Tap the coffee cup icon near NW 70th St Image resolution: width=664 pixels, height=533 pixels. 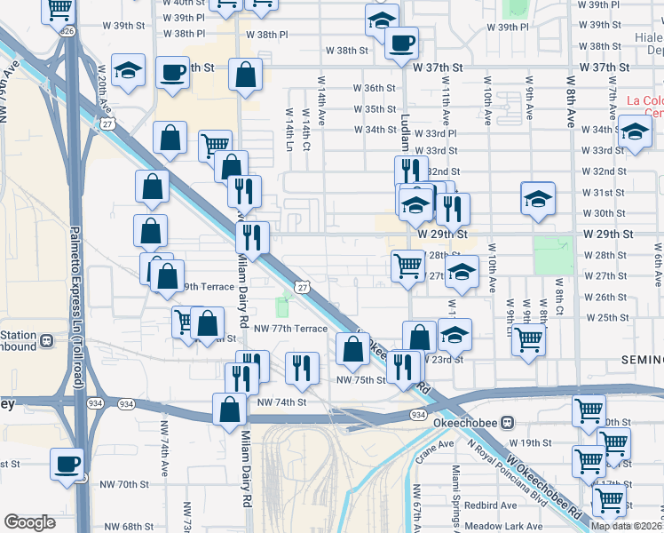tap(67, 464)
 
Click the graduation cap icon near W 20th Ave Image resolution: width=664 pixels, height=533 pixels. tap(130, 72)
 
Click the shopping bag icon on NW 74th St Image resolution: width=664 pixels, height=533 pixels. tap(230, 410)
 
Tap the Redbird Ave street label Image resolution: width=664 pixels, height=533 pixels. tap(488, 504)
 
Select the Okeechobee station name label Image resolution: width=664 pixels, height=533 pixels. tap(463, 422)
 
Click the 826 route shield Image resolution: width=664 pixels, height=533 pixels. tap(67, 31)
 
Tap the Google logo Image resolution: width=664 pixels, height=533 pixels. tap(29, 522)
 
